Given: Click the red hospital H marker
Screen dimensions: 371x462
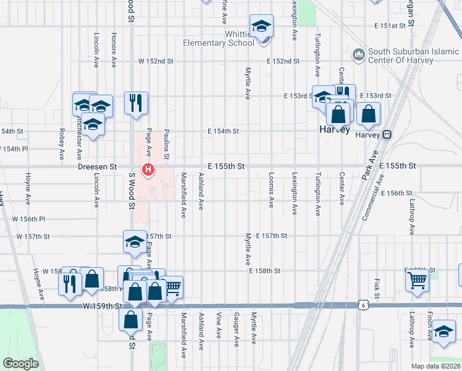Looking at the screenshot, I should [x=148, y=169].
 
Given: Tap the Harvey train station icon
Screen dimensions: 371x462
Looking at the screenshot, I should [x=387, y=134].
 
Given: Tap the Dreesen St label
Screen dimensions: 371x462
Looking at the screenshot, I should [x=97, y=167].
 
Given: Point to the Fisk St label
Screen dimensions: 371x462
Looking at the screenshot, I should [x=376, y=286].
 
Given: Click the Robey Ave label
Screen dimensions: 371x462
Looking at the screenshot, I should [x=62, y=144].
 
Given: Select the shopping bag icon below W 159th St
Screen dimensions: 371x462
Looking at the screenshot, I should [x=131, y=320].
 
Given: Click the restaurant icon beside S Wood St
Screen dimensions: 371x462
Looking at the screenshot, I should [x=135, y=103].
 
